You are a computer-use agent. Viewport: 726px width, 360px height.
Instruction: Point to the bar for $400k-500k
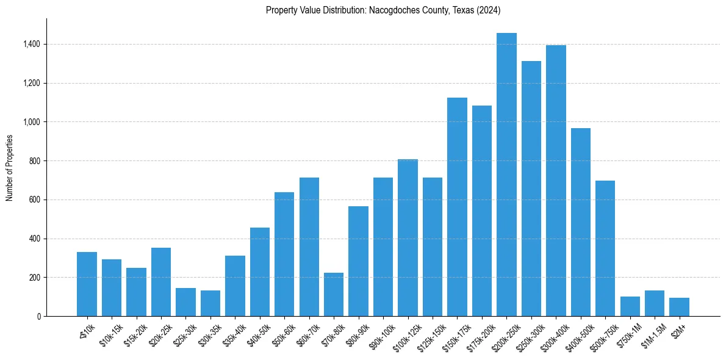(x=580, y=222)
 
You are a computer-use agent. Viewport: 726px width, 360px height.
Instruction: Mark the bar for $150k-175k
(x=457, y=207)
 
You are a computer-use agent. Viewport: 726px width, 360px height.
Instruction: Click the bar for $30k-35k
(x=210, y=303)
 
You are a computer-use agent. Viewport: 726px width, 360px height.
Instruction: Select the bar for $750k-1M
(x=630, y=306)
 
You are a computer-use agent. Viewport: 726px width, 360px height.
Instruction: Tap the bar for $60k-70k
(x=309, y=247)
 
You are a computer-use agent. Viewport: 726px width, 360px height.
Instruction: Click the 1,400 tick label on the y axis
(x=32, y=44)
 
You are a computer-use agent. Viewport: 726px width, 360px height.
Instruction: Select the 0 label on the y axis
(x=38, y=316)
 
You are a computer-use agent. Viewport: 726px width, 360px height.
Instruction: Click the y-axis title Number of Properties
(x=9, y=168)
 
